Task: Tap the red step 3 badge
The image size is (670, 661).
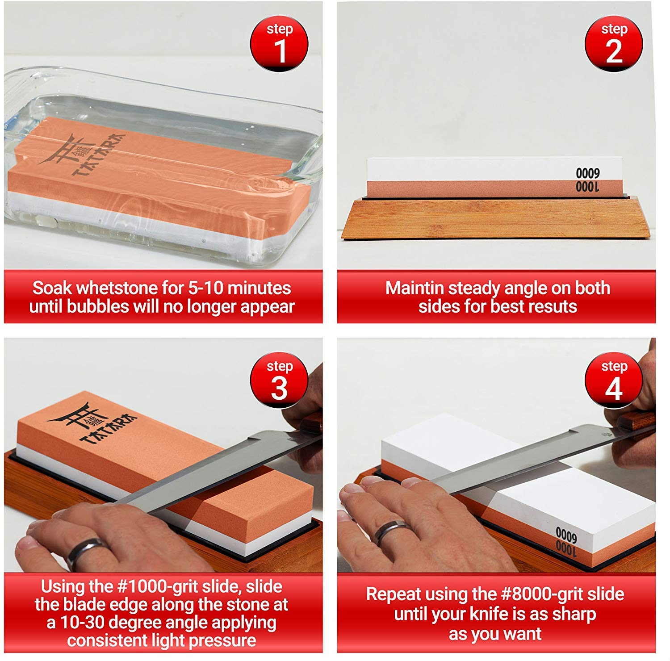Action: [279, 380]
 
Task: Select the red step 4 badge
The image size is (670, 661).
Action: [614, 380]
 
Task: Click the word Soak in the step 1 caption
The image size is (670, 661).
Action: [52, 288]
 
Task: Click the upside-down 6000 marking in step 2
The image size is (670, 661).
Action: [587, 173]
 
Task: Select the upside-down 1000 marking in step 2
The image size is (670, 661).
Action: [587, 186]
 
